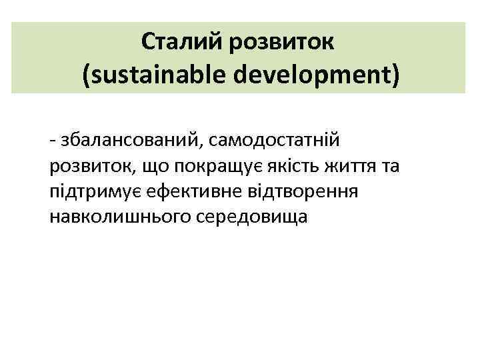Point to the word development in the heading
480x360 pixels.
coord(313,75)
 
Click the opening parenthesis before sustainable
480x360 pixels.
coord(87,75)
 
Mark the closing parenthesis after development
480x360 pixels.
coord(396,75)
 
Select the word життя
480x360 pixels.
coord(349,167)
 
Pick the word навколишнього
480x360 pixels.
coord(119,218)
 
